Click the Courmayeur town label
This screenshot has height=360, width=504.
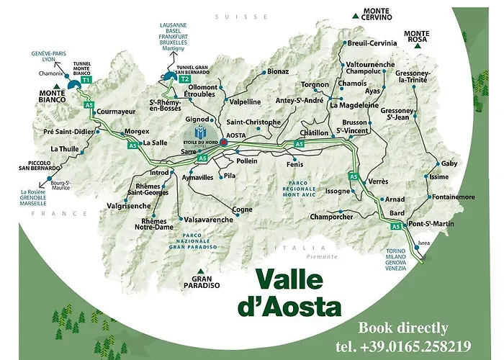[116, 112]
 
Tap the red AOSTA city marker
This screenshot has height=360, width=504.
[224, 143]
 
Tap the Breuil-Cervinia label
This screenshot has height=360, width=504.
[372, 43]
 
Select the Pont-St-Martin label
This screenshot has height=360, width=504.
[432, 224]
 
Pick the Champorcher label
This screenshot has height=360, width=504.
[333, 216]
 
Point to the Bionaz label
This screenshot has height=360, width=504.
[277, 71]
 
